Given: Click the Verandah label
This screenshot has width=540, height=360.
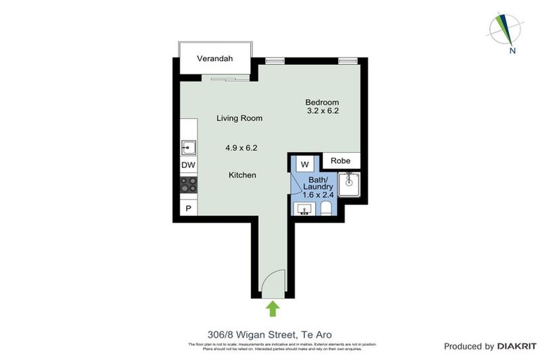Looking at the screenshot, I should tap(214, 58).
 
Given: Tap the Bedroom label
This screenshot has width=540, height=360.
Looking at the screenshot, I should tap(323, 101).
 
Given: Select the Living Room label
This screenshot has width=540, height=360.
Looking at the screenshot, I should tap(239, 118).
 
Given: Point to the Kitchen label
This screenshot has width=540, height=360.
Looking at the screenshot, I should tap(241, 174).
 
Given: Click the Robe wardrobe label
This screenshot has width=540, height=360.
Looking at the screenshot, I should tap(341, 160).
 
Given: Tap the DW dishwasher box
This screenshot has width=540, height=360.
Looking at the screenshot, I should tap(188, 165).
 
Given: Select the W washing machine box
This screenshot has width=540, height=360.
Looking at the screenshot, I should tap(305, 165).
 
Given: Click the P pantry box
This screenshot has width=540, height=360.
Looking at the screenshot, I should tap(188, 208).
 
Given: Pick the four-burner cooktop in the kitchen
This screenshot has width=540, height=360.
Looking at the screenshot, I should tap(188, 185).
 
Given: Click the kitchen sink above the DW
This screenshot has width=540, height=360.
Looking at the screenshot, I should tap(188, 147).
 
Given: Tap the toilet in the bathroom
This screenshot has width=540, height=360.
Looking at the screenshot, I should tap(326, 208).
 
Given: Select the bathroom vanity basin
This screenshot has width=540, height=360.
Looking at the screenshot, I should tap(305, 208).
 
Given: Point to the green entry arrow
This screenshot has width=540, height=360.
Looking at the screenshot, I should tap(273, 308).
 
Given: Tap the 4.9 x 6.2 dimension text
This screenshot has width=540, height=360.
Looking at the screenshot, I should tap(241, 148).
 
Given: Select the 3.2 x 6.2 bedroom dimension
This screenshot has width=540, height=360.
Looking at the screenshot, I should tap(323, 110).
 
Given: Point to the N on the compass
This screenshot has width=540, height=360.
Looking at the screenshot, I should tap(513, 51).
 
